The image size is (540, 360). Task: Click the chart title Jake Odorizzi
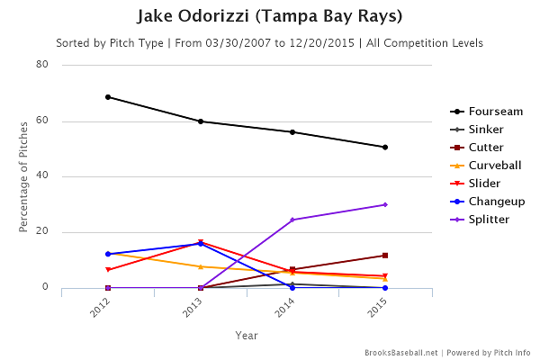pos(270,17)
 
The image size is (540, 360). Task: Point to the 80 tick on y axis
pos(42,65)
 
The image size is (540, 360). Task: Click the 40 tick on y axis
pos(42,176)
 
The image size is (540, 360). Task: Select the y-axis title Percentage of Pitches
pos(24,176)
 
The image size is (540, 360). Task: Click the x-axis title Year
pos(247,336)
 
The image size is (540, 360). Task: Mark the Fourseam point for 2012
pos(108,96)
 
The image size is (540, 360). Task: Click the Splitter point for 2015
pos(385,204)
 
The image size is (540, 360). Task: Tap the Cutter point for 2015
pos(385,256)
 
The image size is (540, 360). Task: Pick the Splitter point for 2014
pos(292,220)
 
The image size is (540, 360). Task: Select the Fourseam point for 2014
pos(292,131)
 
